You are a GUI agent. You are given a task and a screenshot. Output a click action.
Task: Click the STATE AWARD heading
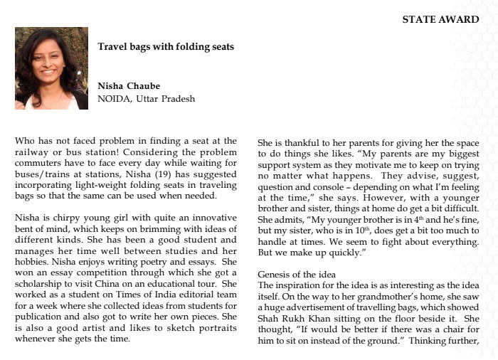point(440,20)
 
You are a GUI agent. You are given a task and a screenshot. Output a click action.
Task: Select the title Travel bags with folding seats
point(166,48)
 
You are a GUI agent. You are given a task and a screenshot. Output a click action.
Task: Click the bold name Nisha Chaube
point(129,87)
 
